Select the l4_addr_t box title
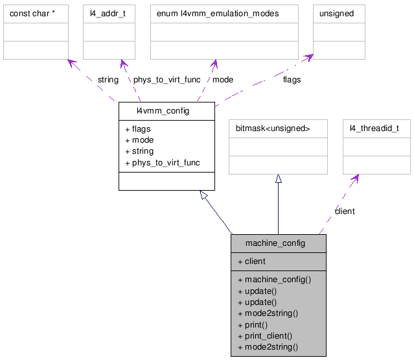point(104,14)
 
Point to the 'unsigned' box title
point(336,14)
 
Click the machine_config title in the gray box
point(275,243)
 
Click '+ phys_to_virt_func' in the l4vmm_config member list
point(162,162)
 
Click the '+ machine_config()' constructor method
point(274,280)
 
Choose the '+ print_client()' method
point(264,335)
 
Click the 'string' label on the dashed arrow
point(108,80)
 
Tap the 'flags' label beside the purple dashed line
point(292,80)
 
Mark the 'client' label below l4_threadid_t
point(344,211)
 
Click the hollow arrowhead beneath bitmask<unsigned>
point(279,179)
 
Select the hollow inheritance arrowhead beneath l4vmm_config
point(205,195)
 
